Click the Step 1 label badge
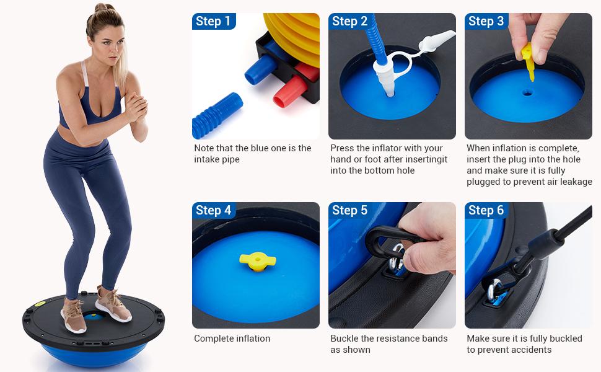coord(213,22)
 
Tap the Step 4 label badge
coord(213,211)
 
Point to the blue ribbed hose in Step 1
coord(217,114)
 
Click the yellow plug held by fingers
coord(529,63)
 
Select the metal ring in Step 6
coord(496,291)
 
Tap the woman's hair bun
coord(101,8)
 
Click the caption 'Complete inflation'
coord(232,339)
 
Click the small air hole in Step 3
coord(526,93)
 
